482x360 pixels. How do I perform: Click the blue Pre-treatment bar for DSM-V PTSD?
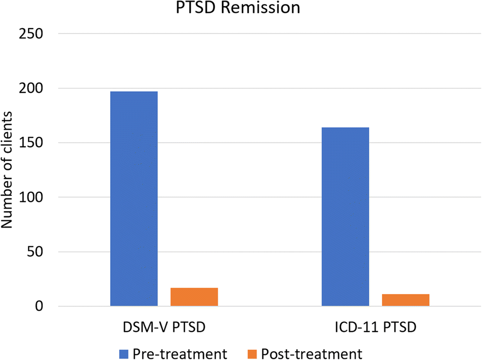[134, 199]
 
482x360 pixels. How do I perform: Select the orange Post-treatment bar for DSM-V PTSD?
[194, 297]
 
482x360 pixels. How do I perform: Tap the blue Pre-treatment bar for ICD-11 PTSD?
[345, 217]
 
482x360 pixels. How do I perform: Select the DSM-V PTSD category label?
[164, 329]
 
